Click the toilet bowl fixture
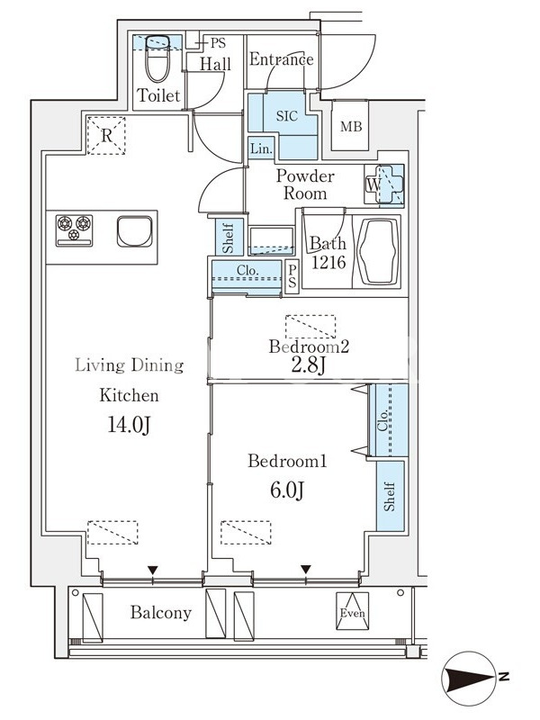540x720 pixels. point(157,59)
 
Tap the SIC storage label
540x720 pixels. point(287,116)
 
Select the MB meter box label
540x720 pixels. point(351,126)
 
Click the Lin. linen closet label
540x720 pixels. point(262,148)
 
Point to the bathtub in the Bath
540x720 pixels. point(378,251)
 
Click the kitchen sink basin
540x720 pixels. point(134,231)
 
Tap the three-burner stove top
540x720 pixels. point(75,230)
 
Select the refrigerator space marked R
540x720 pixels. point(106,136)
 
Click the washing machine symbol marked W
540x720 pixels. point(384,184)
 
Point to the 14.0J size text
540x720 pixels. point(129,425)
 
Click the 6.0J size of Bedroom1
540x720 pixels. point(287,490)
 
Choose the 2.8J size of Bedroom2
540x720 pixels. point(308,366)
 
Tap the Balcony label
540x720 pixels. point(161,613)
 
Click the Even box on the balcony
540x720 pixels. point(352,611)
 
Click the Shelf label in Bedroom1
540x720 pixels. point(390,496)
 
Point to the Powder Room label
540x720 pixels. point(305,184)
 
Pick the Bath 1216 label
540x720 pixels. point(328,253)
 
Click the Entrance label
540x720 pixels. point(282,59)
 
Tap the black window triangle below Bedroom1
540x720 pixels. point(306,570)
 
